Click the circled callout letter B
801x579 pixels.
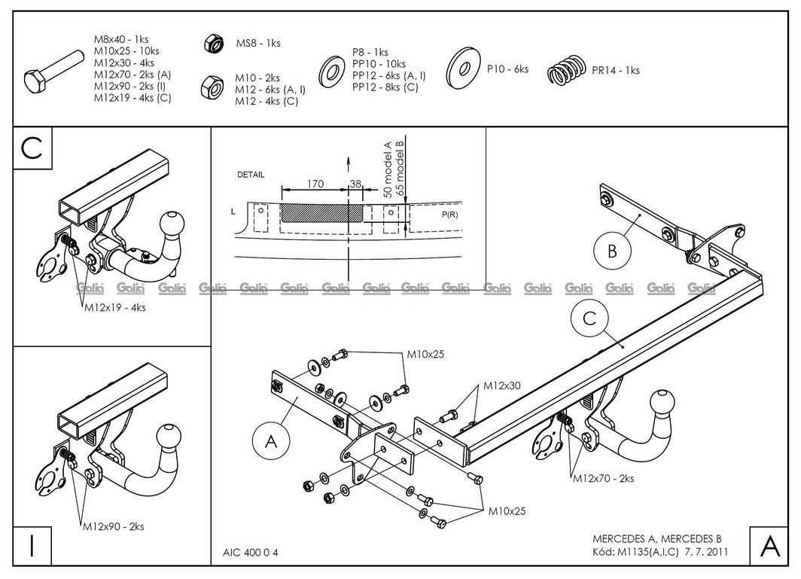pyautogui.click(x=612, y=251)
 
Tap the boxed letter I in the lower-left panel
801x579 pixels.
pyautogui.click(x=30, y=546)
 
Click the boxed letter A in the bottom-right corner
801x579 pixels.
pyautogui.click(x=769, y=546)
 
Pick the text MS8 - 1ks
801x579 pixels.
pyautogui.click(x=258, y=43)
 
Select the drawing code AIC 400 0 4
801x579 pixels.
pyautogui.click(x=255, y=552)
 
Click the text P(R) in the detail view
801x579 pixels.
pyautogui.click(x=450, y=215)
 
